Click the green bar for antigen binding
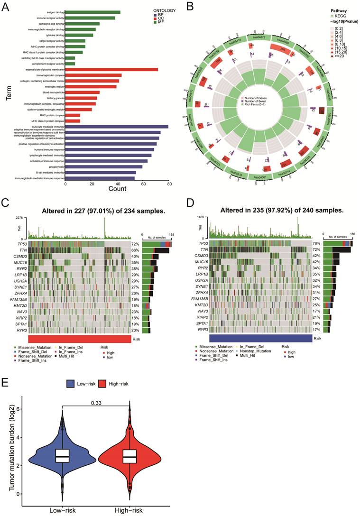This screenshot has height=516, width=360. point(92,12)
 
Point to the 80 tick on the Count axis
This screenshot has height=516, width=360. point(169,184)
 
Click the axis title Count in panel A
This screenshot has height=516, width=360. point(117,189)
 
